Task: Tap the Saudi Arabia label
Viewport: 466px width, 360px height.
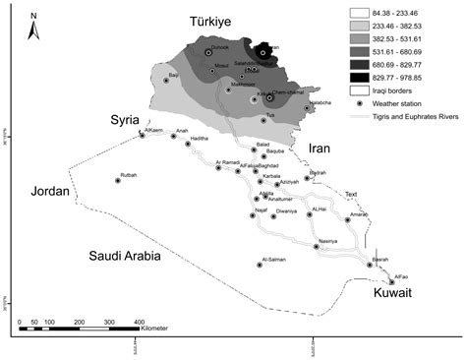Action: pyautogui.click(x=126, y=256)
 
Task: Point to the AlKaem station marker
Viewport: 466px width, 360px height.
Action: pyautogui.click(x=141, y=135)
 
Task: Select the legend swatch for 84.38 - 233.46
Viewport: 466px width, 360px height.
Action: pyautogui.click(x=360, y=15)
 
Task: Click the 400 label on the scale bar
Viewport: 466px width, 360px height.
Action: pyautogui.click(x=140, y=322)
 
